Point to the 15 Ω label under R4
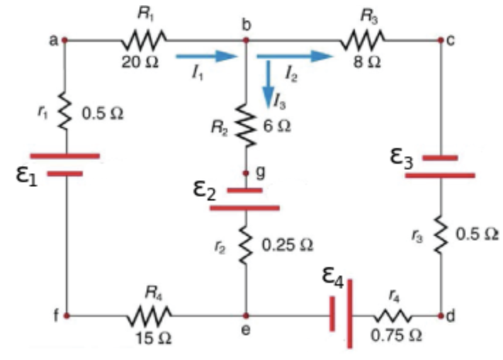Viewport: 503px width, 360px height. click(x=153, y=337)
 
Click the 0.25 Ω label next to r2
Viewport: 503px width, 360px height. click(x=287, y=244)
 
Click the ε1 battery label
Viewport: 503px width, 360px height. click(x=26, y=175)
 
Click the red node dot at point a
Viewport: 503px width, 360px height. click(x=65, y=40)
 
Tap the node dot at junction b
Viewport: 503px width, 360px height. click(x=246, y=40)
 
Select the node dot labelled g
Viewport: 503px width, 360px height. click(x=246, y=173)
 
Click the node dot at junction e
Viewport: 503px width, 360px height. click(x=246, y=315)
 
